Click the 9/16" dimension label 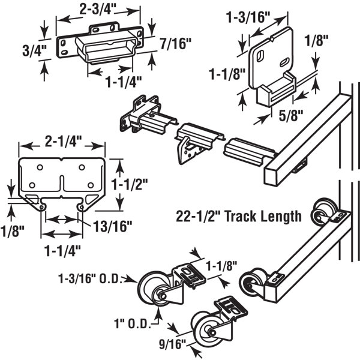click(x=171, y=346)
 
